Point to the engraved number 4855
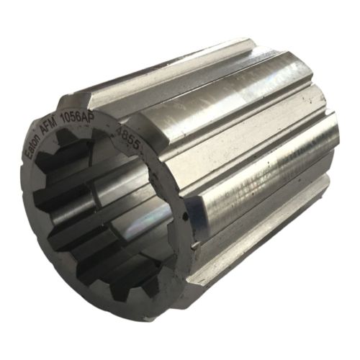pyautogui.click(x=134, y=135)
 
